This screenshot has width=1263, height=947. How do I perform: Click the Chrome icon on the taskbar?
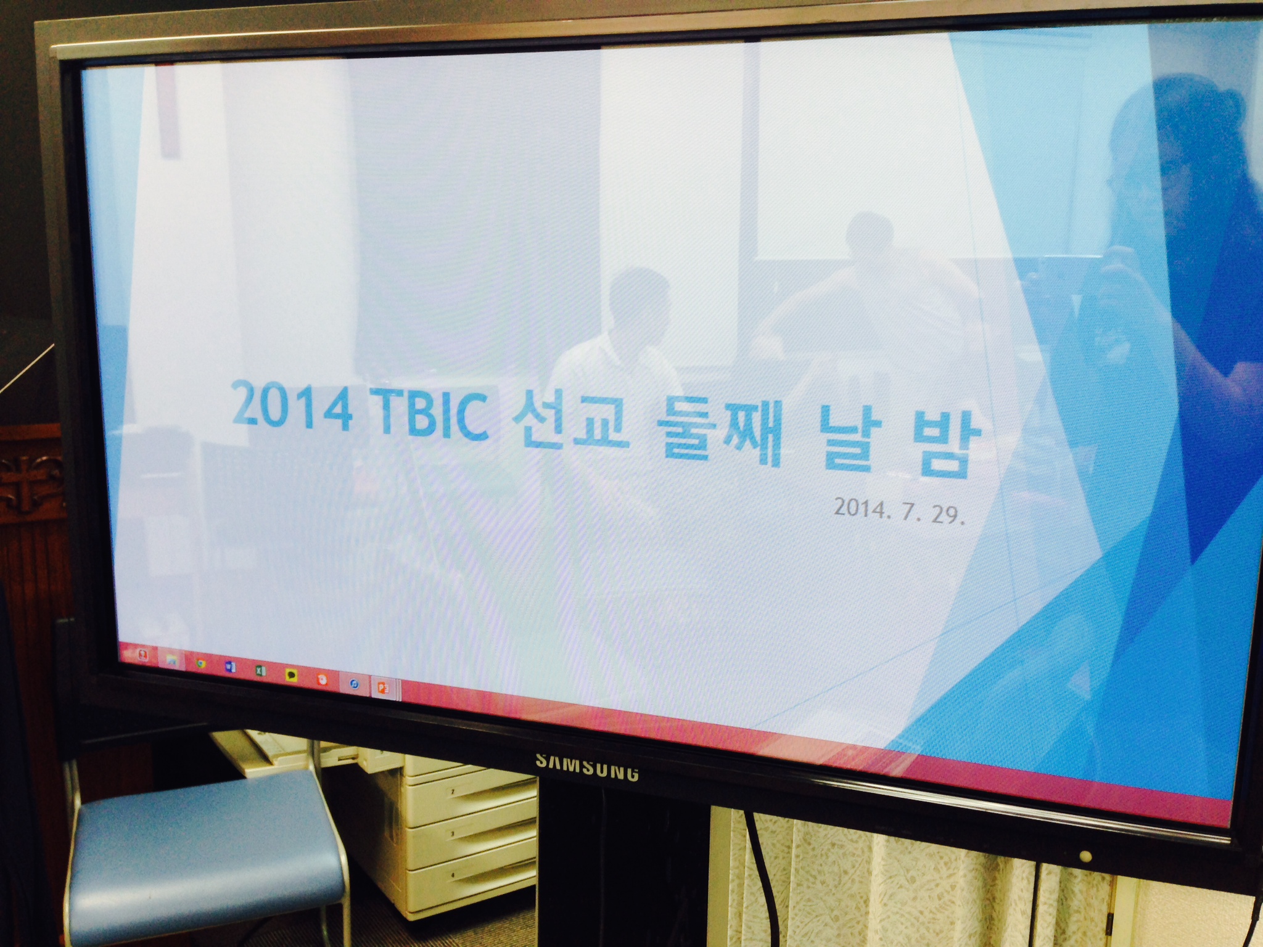[x=200, y=665]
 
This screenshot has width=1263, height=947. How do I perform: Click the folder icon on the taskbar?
[x=172, y=661]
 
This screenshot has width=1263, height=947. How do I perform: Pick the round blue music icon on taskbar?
[x=354, y=683]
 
